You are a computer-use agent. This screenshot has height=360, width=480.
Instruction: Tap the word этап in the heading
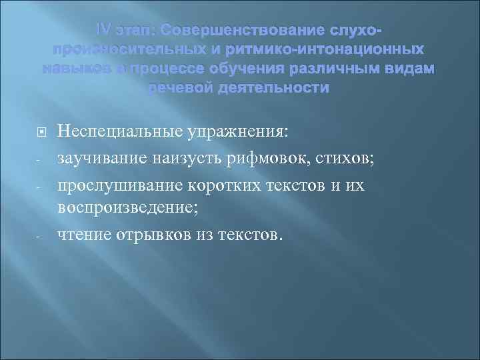pos(136,31)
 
